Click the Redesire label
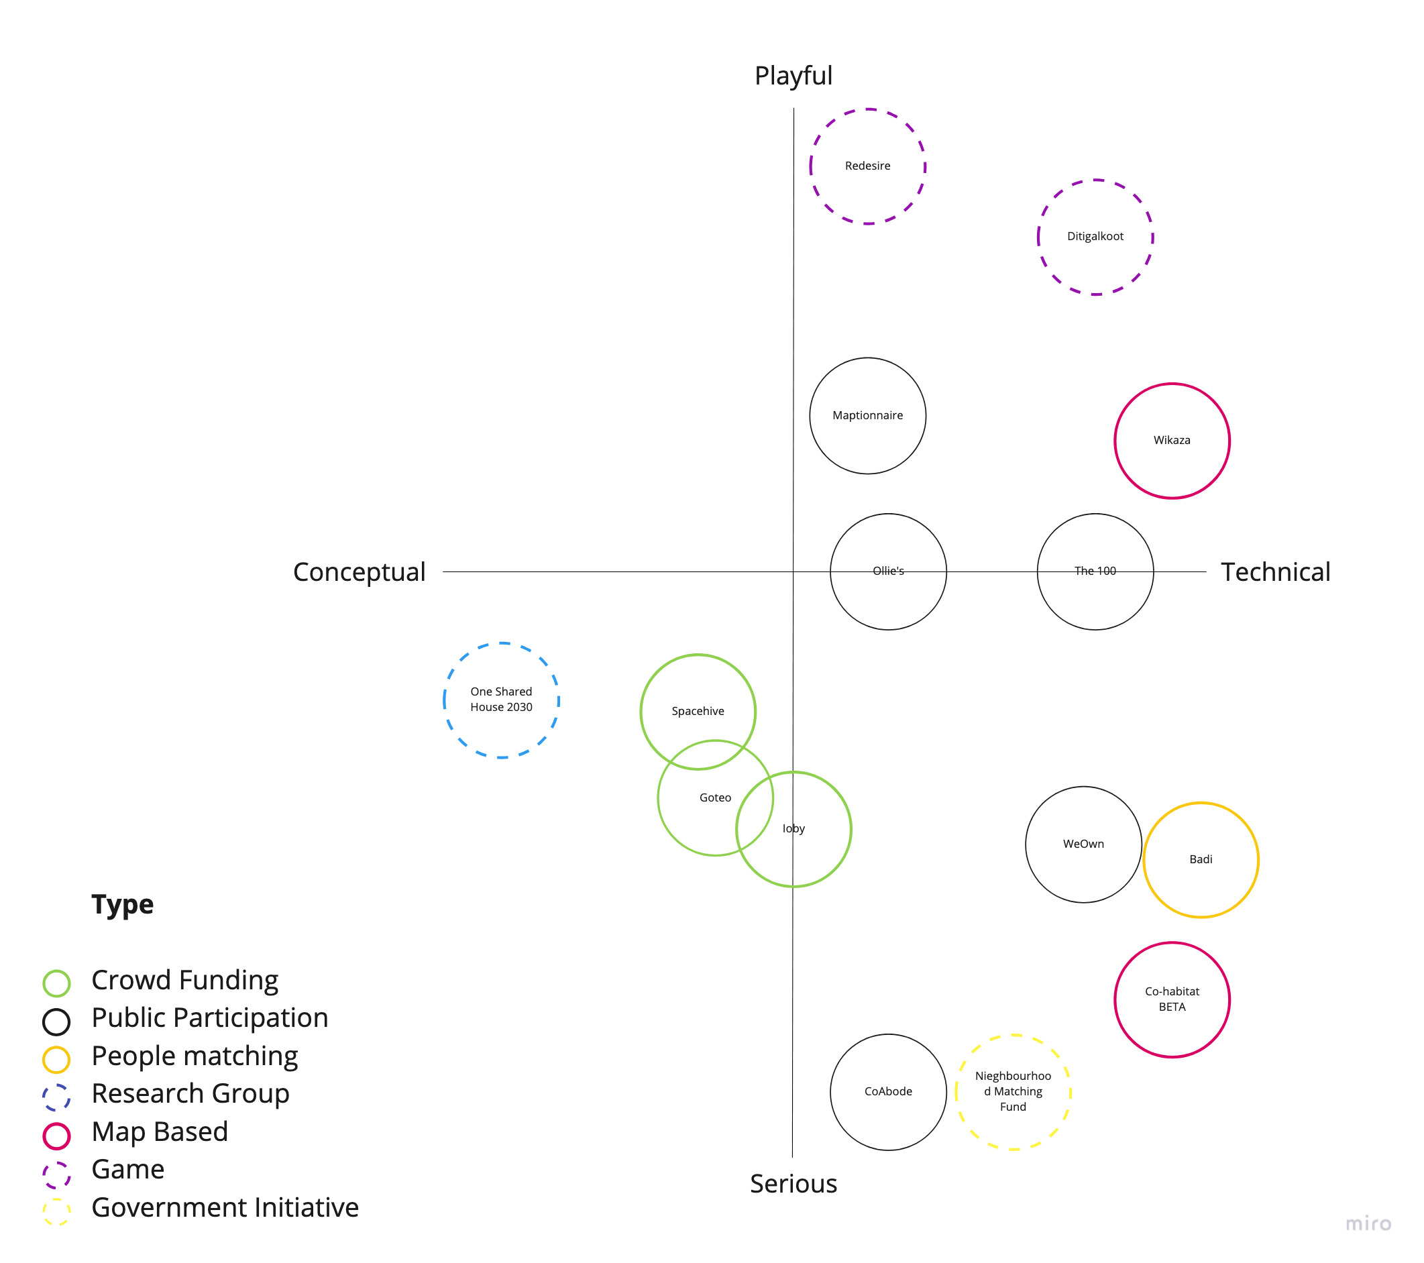click(867, 166)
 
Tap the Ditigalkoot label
click(1095, 236)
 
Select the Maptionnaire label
click(867, 415)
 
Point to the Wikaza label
click(1172, 440)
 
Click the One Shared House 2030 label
click(501, 700)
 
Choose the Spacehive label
click(698, 711)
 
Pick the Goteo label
click(715, 798)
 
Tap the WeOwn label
click(1083, 844)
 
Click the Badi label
click(1201, 859)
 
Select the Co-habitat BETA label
click(1172, 999)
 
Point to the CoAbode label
click(888, 1091)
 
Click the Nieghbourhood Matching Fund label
click(1013, 1091)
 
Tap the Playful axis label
click(793, 75)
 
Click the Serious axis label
click(793, 1184)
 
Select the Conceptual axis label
click(359, 572)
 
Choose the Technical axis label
click(1276, 572)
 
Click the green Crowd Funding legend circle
click(56, 983)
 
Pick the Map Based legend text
click(160, 1132)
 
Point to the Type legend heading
click(123, 904)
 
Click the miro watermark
click(1368, 1223)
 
